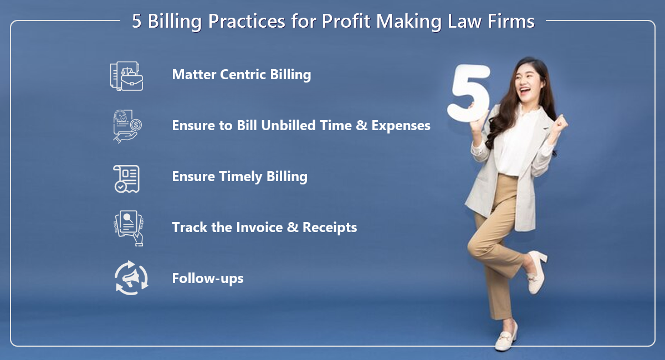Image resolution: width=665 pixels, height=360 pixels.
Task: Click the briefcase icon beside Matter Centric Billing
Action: (127, 76)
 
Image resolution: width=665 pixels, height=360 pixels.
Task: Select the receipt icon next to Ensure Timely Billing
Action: (126, 179)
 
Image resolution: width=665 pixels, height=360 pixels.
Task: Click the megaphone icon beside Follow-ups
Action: (131, 278)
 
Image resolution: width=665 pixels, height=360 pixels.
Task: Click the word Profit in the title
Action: (346, 22)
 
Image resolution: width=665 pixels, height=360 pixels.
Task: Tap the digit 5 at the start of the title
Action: (136, 22)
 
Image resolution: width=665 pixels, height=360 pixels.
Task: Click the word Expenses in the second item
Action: (401, 126)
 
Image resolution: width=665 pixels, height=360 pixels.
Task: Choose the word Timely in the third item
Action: (241, 177)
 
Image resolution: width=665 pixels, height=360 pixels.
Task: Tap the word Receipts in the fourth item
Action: (330, 228)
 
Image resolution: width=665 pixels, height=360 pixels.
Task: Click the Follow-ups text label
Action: (208, 279)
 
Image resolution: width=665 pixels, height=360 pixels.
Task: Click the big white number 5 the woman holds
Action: (469, 92)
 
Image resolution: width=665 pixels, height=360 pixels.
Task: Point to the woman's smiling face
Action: (529, 81)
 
